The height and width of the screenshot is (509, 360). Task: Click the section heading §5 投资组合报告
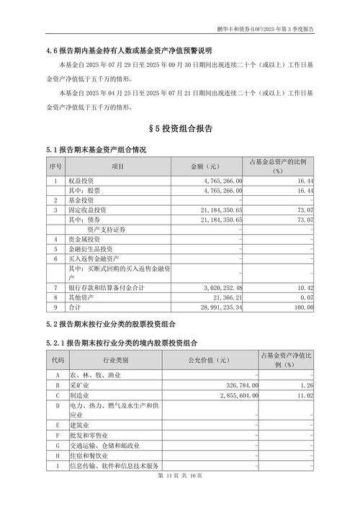pos(180,129)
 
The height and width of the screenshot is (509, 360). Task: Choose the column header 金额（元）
pos(207,166)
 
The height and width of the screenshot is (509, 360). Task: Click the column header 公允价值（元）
pos(207,360)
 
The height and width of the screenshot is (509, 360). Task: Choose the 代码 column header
pos(57,360)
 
